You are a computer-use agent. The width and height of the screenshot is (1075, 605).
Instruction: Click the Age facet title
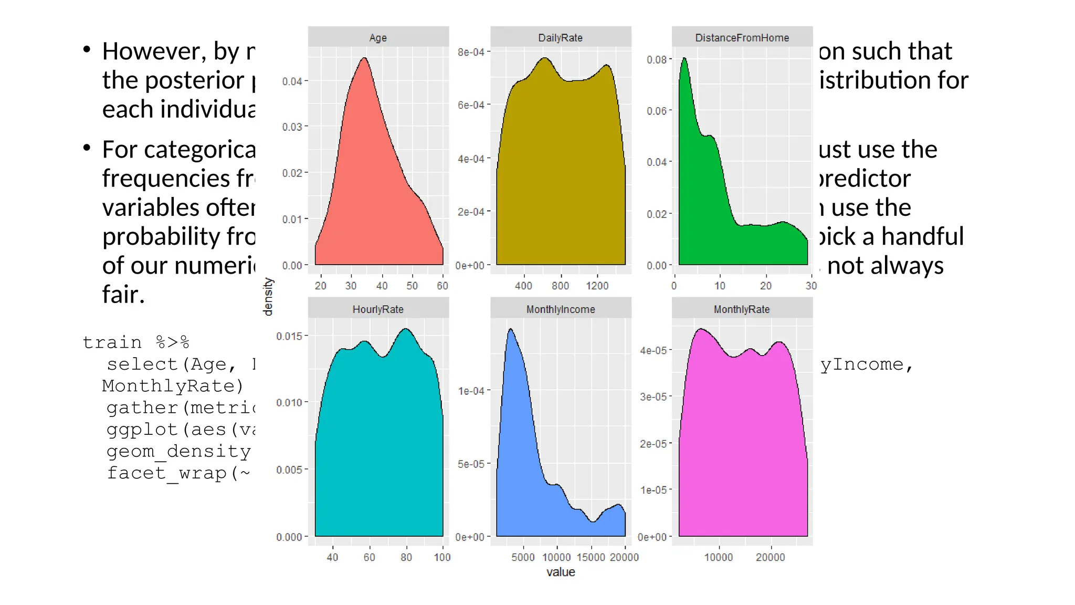click(378, 38)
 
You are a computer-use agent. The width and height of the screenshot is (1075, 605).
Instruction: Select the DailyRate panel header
click(560, 38)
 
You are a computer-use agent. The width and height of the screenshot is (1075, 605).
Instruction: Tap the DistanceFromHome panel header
click(742, 38)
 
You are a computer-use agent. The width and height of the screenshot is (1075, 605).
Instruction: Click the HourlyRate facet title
click(378, 309)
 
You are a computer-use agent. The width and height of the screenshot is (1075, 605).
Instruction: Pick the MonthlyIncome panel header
click(560, 309)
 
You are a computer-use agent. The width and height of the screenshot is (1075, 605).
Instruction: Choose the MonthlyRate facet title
click(742, 309)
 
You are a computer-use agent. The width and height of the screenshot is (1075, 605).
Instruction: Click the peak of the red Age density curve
click(364, 59)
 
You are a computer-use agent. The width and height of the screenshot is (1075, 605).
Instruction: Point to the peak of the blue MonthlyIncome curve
click(511, 330)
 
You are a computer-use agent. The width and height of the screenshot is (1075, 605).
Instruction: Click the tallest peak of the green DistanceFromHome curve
click(684, 59)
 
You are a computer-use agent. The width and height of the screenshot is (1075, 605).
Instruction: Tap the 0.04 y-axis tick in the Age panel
click(292, 81)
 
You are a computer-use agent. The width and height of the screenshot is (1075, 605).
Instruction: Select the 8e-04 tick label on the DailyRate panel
click(471, 52)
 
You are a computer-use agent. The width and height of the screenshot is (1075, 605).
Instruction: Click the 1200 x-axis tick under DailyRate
click(597, 286)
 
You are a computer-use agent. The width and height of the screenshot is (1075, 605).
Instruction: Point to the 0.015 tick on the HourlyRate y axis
click(289, 336)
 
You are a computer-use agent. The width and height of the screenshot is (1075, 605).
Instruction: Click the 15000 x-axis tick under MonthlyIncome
click(591, 557)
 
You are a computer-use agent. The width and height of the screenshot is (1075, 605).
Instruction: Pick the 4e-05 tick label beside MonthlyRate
click(653, 350)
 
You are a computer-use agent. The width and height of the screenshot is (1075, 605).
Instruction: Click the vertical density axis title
click(268, 297)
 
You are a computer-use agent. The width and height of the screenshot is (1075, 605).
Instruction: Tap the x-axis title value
click(561, 572)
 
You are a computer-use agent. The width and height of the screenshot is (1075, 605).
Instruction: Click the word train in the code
click(112, 342)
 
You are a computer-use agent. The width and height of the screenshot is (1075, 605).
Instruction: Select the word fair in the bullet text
click(123, 295)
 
